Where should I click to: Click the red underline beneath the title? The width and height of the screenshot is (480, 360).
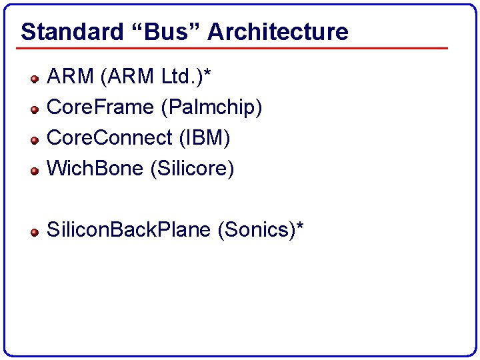pyautogui.click(x=233, y=48)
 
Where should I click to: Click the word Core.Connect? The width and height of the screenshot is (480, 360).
pyautogui.click(x=109, y=139)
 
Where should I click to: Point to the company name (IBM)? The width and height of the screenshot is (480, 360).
pyautogui.click(x=203, y=139)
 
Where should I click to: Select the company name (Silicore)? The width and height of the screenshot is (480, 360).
pyautogui.click(x=193, y=169)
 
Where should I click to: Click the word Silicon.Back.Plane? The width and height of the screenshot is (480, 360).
pyautogui.click(x=129, y=231)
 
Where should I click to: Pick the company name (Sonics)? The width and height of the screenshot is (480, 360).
pyautogui.click(x=256, y=231)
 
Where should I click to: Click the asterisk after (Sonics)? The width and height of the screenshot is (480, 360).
pyautogui.click(x=300, y=227)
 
